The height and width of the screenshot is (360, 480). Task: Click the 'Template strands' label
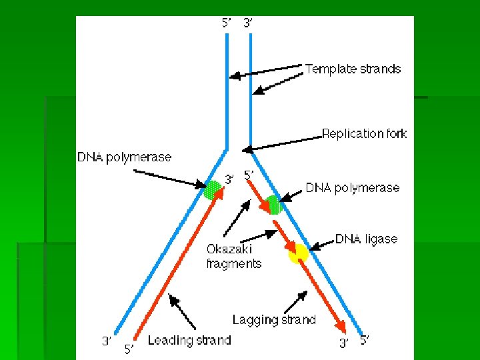tap(353, 69)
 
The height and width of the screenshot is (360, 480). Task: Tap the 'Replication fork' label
tap(364, 133)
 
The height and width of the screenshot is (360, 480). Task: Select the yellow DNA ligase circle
tap(298, 253)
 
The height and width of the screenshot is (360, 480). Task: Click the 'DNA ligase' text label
tap(366, 239)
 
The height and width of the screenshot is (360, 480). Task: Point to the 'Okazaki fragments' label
tap(233, 256)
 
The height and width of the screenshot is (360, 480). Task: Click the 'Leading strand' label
tap(189, 341)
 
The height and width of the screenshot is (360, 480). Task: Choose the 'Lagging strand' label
tap(274, 320)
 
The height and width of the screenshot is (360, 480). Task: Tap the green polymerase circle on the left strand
tap(213, 190)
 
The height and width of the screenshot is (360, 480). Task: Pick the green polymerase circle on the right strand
tap(273, 205)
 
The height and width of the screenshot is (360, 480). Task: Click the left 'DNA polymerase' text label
tap(125, 158)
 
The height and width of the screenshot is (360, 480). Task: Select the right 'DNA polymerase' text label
tap(353, 188)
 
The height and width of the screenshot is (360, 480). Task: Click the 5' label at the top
tap(227, 23)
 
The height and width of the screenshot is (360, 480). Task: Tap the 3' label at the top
tap(248, 23)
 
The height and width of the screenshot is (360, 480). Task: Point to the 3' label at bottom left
tap(106, 341)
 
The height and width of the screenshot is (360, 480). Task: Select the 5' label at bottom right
tap(365, 340)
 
